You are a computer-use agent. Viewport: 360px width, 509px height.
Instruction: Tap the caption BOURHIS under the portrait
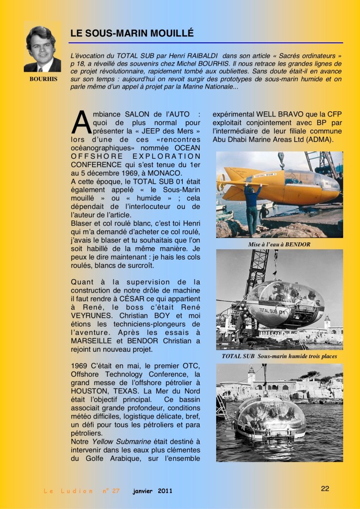click(x=43, y=79)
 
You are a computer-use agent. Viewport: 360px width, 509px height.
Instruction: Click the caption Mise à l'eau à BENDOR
click(x=279, y=244)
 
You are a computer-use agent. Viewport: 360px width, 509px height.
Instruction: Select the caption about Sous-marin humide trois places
click(x=279, y=356)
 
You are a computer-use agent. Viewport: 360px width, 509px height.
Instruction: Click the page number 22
click(x=325, y=489)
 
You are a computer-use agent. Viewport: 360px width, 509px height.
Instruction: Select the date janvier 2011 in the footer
click(x=152, y=491)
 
